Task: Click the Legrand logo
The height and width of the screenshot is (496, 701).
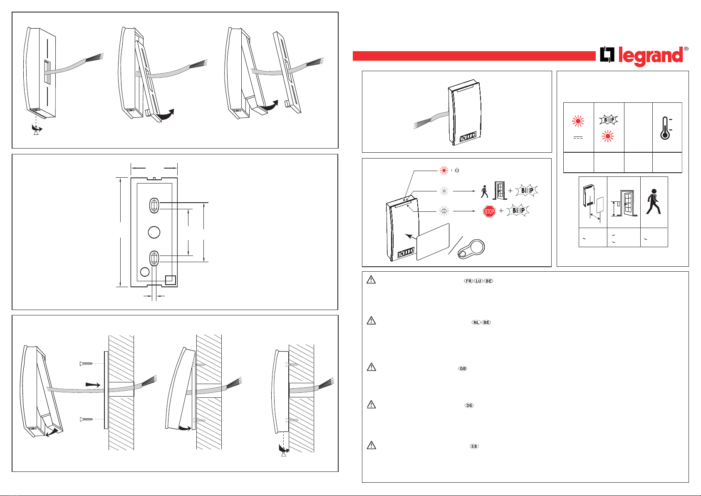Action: [x=643, y=56]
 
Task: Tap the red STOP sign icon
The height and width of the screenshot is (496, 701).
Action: [x=489, y=211]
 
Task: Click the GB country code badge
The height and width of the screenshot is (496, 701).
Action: [x=463, y=369]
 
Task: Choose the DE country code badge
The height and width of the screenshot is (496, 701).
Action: [x=469, y=405]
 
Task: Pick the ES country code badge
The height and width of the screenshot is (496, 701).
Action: [x=474, y=446]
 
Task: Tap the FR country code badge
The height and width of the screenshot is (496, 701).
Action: [x=469, y=281]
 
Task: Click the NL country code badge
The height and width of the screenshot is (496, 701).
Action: [x=476, y=322]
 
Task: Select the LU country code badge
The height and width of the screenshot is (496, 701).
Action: [x=479, y=281]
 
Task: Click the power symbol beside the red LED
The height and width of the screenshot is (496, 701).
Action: [x=457, y=171]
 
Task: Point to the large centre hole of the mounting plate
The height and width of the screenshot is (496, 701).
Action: [x=154, y=232]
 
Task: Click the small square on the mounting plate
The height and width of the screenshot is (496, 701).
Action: [x=171, y=280]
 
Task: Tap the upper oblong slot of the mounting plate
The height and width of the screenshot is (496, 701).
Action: [x=154, y=205]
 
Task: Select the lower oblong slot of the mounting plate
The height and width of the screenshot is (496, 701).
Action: [x=154, y=258]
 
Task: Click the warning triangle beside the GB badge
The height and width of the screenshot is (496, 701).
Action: [x=371, y=367]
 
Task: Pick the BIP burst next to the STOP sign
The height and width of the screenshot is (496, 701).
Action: [x=518, y=211]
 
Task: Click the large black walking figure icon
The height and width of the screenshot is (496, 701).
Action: [x=653, y=202]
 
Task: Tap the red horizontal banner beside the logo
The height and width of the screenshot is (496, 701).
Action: [x=474, y=56]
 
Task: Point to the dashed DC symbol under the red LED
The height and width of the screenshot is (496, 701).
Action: [x=578, y=138]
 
